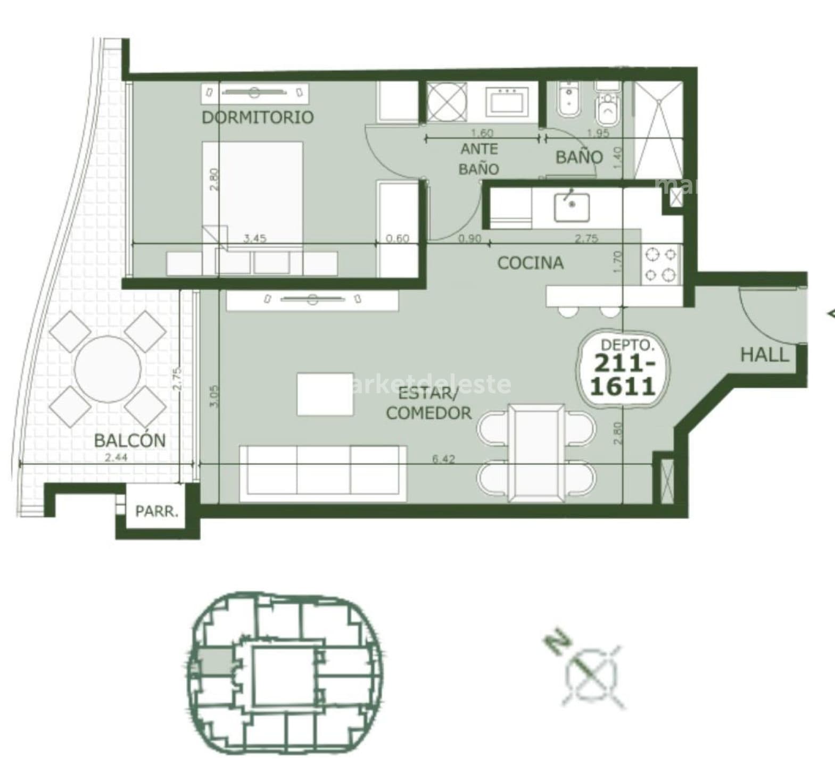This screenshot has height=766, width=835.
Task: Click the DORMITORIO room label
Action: [258, 117]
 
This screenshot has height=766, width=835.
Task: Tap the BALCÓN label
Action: [129, 440]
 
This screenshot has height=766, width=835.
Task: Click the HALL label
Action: [765, 355]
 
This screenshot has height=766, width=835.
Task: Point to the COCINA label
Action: [530, 263]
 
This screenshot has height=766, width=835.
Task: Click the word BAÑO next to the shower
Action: [579, 157]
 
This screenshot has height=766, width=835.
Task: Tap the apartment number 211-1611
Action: [623, 375]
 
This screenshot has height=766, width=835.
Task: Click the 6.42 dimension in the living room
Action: [443, 459]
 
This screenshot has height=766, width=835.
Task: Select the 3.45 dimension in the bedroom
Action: [254, 238]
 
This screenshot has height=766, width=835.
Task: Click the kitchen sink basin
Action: [571, 207]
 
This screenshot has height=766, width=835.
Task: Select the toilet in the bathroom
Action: [607, 109]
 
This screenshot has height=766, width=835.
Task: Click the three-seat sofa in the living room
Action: [323, 473]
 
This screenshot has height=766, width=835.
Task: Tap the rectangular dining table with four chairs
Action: [535, 452]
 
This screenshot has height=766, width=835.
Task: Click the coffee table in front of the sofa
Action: [325, 394]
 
